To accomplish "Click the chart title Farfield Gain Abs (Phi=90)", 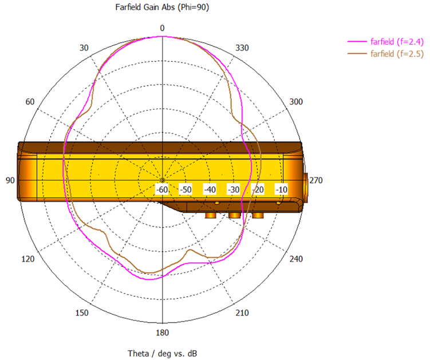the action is pyautogui.click(x=162, y=7).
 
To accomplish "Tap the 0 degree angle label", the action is pyautogui.click(x=163, y=28).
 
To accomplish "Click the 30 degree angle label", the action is pyautogui.click(x=84, y=48).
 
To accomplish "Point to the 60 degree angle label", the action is pyautogui.click(x=30, y=102).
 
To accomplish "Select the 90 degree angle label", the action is pyautogui.click(x=10, y=180).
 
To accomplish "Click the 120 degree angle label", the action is pyautogui.click(x=28, y=259).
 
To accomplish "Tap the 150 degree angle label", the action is pyautogui.click(x=82, y=313).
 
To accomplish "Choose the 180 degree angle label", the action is pyautogui.click(x=163, y=333).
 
